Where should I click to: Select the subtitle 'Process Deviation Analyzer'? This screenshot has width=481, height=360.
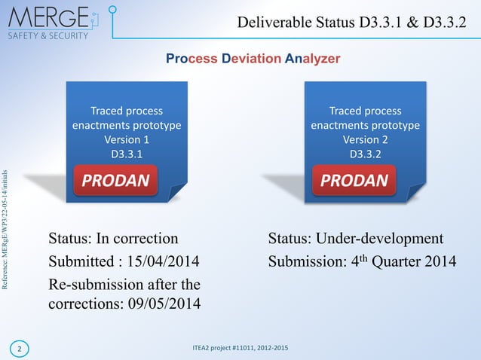tap(253, 59)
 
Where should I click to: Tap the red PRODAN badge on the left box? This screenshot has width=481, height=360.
tap(115, 181)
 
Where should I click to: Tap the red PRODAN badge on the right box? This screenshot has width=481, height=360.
tap(354, 181)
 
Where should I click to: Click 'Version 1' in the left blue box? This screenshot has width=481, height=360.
tap(126, 139)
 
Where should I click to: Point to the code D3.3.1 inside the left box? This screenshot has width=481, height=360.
tap(126, 154)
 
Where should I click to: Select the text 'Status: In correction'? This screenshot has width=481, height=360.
tap(114, 239)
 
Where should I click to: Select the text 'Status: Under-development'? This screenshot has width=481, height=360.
tap(355, 239)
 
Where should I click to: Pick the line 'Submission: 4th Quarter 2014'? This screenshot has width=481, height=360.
tap(362, 262)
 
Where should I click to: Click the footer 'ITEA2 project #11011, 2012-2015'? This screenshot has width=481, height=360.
tap(240, 347)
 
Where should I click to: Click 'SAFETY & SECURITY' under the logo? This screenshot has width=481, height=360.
tap(48, 35)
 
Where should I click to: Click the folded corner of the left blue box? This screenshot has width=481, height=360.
tap(177, 192)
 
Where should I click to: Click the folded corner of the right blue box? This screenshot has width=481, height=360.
tap(416, 192)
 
